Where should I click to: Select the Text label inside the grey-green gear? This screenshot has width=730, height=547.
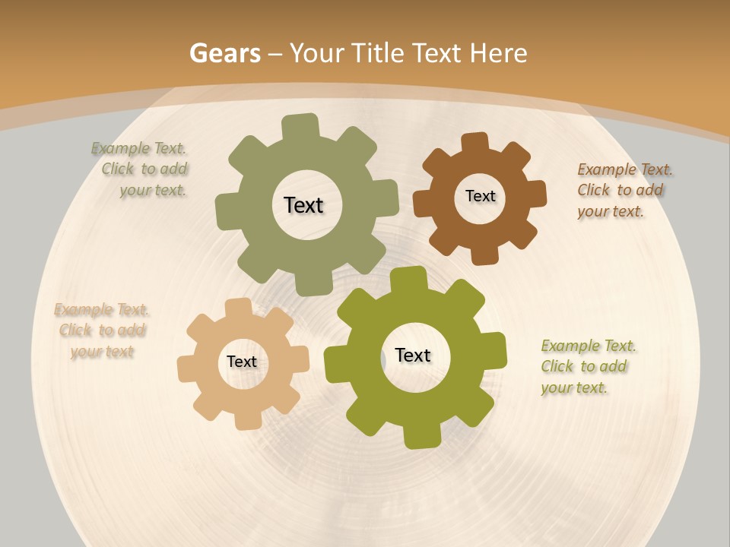click(303, 205)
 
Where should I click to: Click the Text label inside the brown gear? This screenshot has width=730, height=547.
click(480, 196)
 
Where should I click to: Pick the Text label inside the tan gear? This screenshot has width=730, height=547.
click(242, 362)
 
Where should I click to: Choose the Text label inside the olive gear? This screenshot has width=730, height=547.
click(413, 356)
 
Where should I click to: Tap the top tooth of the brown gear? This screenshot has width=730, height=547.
click(475, 144)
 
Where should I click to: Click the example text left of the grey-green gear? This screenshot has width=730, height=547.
click(145, 169)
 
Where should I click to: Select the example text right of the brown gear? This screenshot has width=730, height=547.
click(622, 190)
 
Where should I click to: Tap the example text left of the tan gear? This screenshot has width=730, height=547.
click(101, 330)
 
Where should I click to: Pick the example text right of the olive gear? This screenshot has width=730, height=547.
click(586, 366)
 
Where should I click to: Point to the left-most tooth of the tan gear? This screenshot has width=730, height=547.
click(188, 368)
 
